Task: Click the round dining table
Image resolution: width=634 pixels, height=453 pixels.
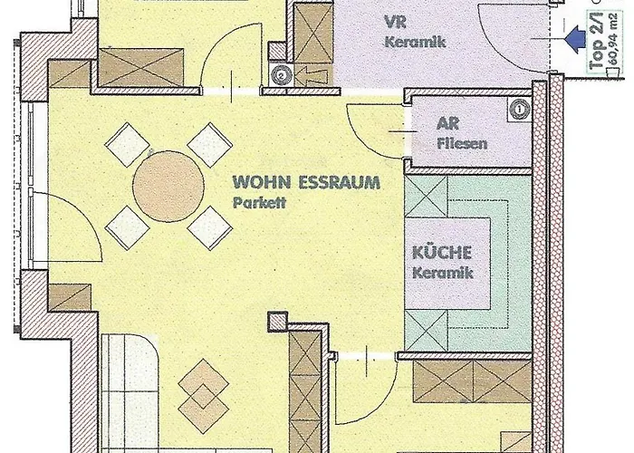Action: [168, 186]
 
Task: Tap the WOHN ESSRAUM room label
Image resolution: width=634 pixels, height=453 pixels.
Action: [306, 182]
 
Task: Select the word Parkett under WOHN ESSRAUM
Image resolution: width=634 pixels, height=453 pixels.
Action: [259, 202]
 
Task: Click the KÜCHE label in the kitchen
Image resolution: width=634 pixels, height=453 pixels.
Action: [442, 253]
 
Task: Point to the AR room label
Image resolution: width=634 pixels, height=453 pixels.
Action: [447, 124]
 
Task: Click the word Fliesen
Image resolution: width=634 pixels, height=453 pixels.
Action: [462, 143]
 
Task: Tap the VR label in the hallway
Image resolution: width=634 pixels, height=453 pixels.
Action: [395, 22]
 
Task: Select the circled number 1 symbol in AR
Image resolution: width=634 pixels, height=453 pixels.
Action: [519, 110]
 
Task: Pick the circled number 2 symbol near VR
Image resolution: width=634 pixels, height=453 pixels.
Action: [281, 75]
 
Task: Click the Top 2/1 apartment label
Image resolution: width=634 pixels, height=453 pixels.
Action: [596, 42]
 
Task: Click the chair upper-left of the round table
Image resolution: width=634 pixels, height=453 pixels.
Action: [127, 144]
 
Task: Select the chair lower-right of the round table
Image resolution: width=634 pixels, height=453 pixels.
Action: [210, 228]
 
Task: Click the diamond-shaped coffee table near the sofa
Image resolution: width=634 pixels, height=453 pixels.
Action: [204, 396]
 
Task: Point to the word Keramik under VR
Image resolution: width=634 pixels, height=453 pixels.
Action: [415, 42]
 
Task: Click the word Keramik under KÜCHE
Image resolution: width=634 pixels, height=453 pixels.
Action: [442, 272]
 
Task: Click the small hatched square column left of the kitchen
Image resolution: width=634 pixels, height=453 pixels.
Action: [278, 322]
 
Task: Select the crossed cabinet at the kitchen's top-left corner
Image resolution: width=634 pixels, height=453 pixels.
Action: [427, 196]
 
